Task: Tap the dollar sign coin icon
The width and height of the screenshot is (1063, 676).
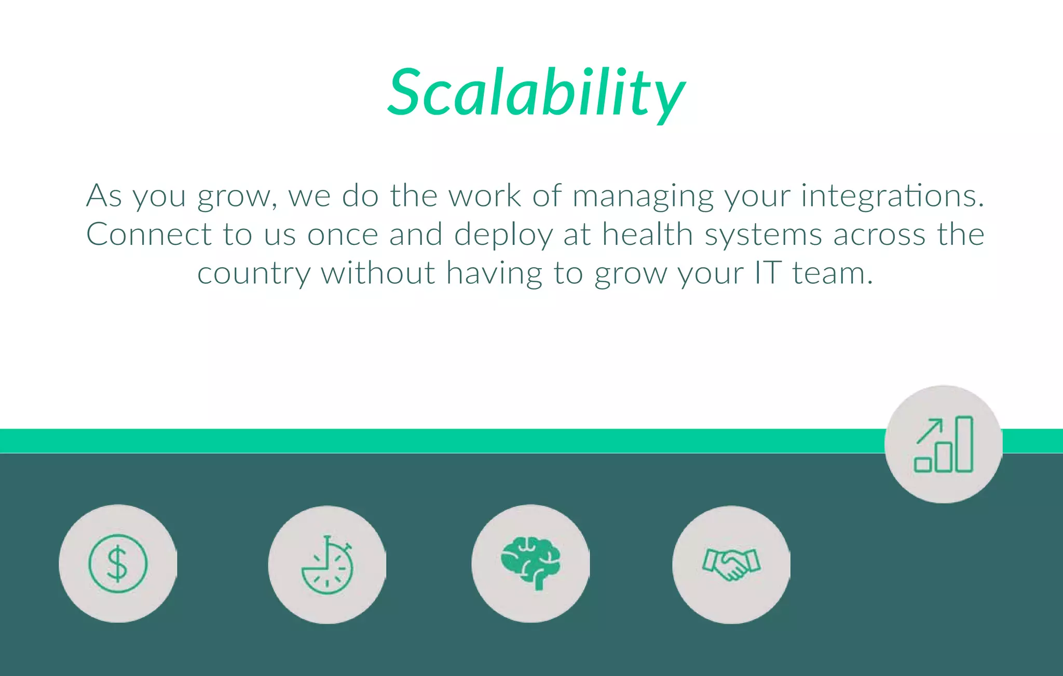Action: coord(118,563)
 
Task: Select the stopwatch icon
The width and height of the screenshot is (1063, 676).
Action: coord(327,564)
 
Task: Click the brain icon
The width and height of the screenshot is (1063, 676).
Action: coord(530,563)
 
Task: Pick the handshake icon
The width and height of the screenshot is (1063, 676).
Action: coord(731,564)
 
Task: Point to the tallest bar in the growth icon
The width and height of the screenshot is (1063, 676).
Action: coord(964,444)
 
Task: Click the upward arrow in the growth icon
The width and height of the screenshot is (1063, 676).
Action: coord(930,431)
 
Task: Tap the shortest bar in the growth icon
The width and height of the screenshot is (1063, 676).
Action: coord(923,464)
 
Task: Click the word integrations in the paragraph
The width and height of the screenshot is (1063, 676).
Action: coord(892,196)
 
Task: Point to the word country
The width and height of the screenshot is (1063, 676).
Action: coord(254,273)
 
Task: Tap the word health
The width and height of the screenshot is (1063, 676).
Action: coord(647,234)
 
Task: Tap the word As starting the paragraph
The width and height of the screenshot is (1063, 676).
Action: coord(104,196)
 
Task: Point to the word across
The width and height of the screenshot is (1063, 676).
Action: coord(879,234)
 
